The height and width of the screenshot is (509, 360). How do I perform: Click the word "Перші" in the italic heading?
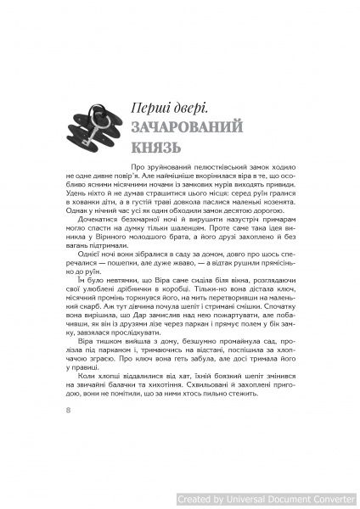pos(139,108)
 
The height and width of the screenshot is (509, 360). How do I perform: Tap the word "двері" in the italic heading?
pos(180,108)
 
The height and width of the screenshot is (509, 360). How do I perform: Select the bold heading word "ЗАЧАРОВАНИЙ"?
pos(181,130)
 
